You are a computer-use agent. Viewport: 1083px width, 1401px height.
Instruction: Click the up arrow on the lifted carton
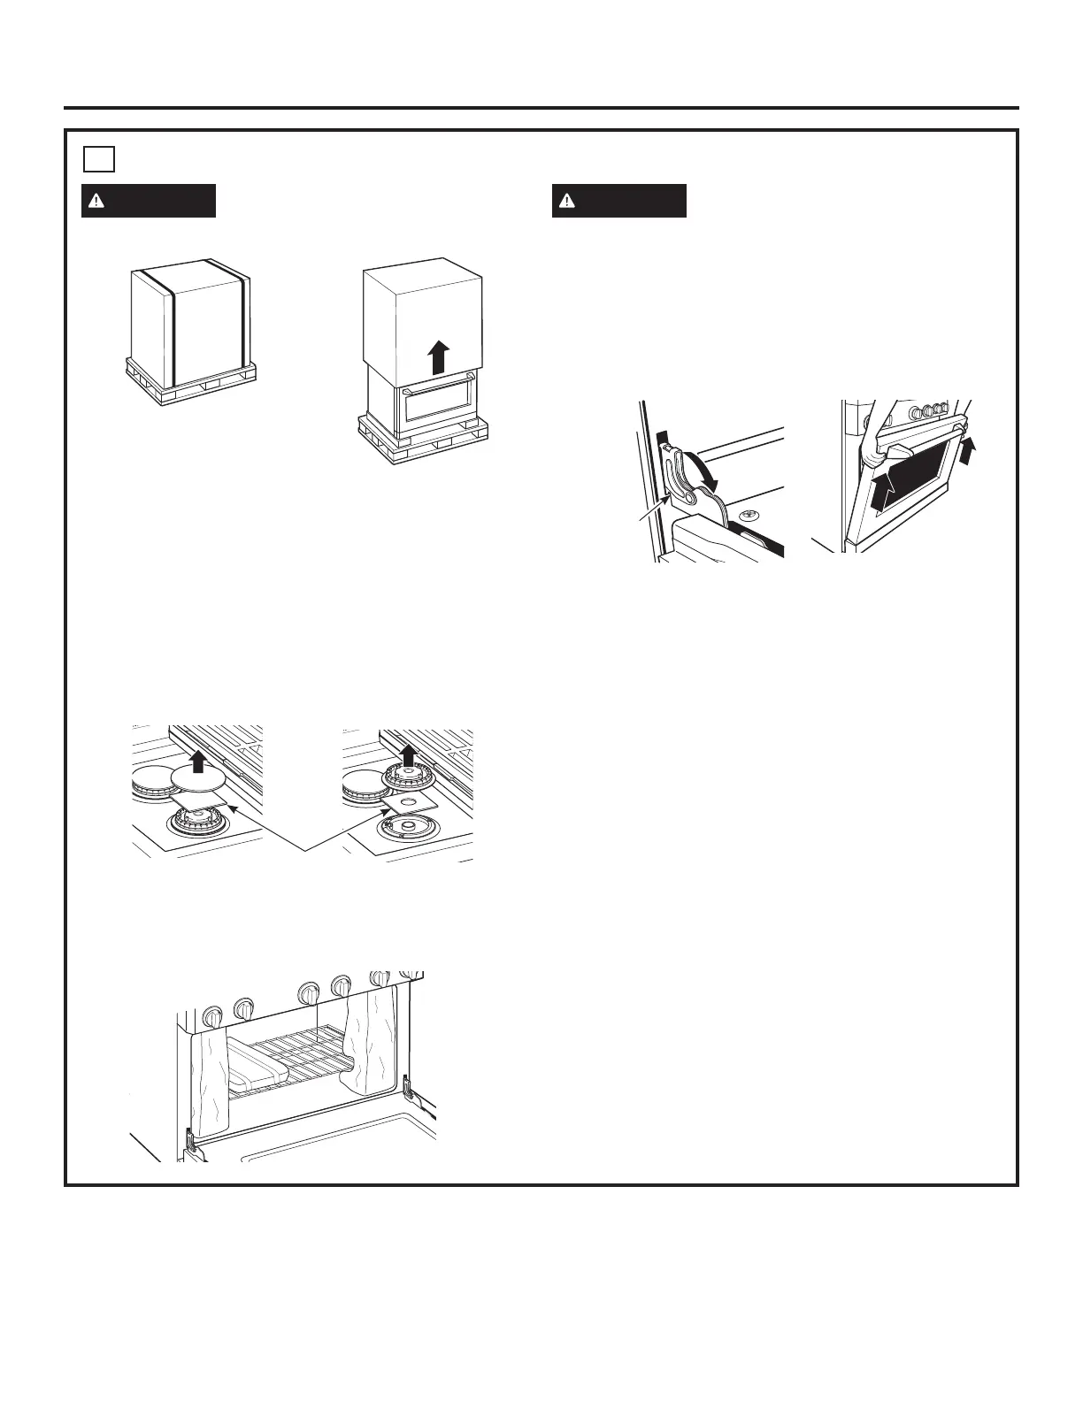tap(435, 357)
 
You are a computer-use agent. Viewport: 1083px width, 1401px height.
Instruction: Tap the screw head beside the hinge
tap(748, 514)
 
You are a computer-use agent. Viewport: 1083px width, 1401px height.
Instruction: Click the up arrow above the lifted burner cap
tap(198, 760)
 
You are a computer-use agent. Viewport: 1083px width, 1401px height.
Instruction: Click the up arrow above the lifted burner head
tap(408, 754)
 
